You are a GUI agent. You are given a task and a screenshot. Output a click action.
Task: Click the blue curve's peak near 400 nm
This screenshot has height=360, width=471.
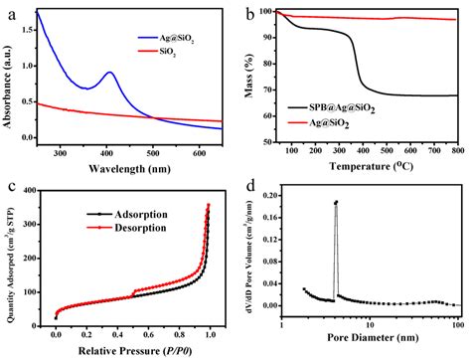(x=109, y=73)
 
